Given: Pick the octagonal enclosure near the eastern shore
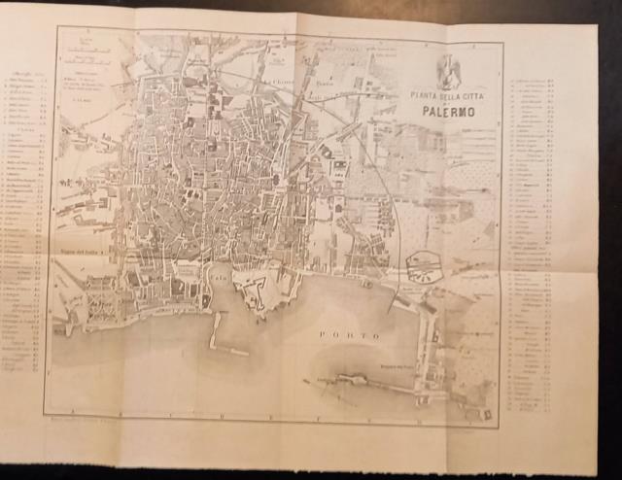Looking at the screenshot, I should pyautogui.click(x=426, y=267).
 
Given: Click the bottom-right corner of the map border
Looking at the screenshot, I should pyautogui.click(x=500, y=426).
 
